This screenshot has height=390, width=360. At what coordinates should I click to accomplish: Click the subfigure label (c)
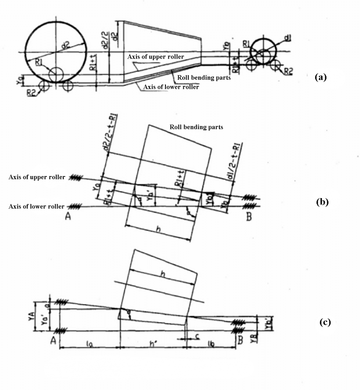[x=324, y=322]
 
